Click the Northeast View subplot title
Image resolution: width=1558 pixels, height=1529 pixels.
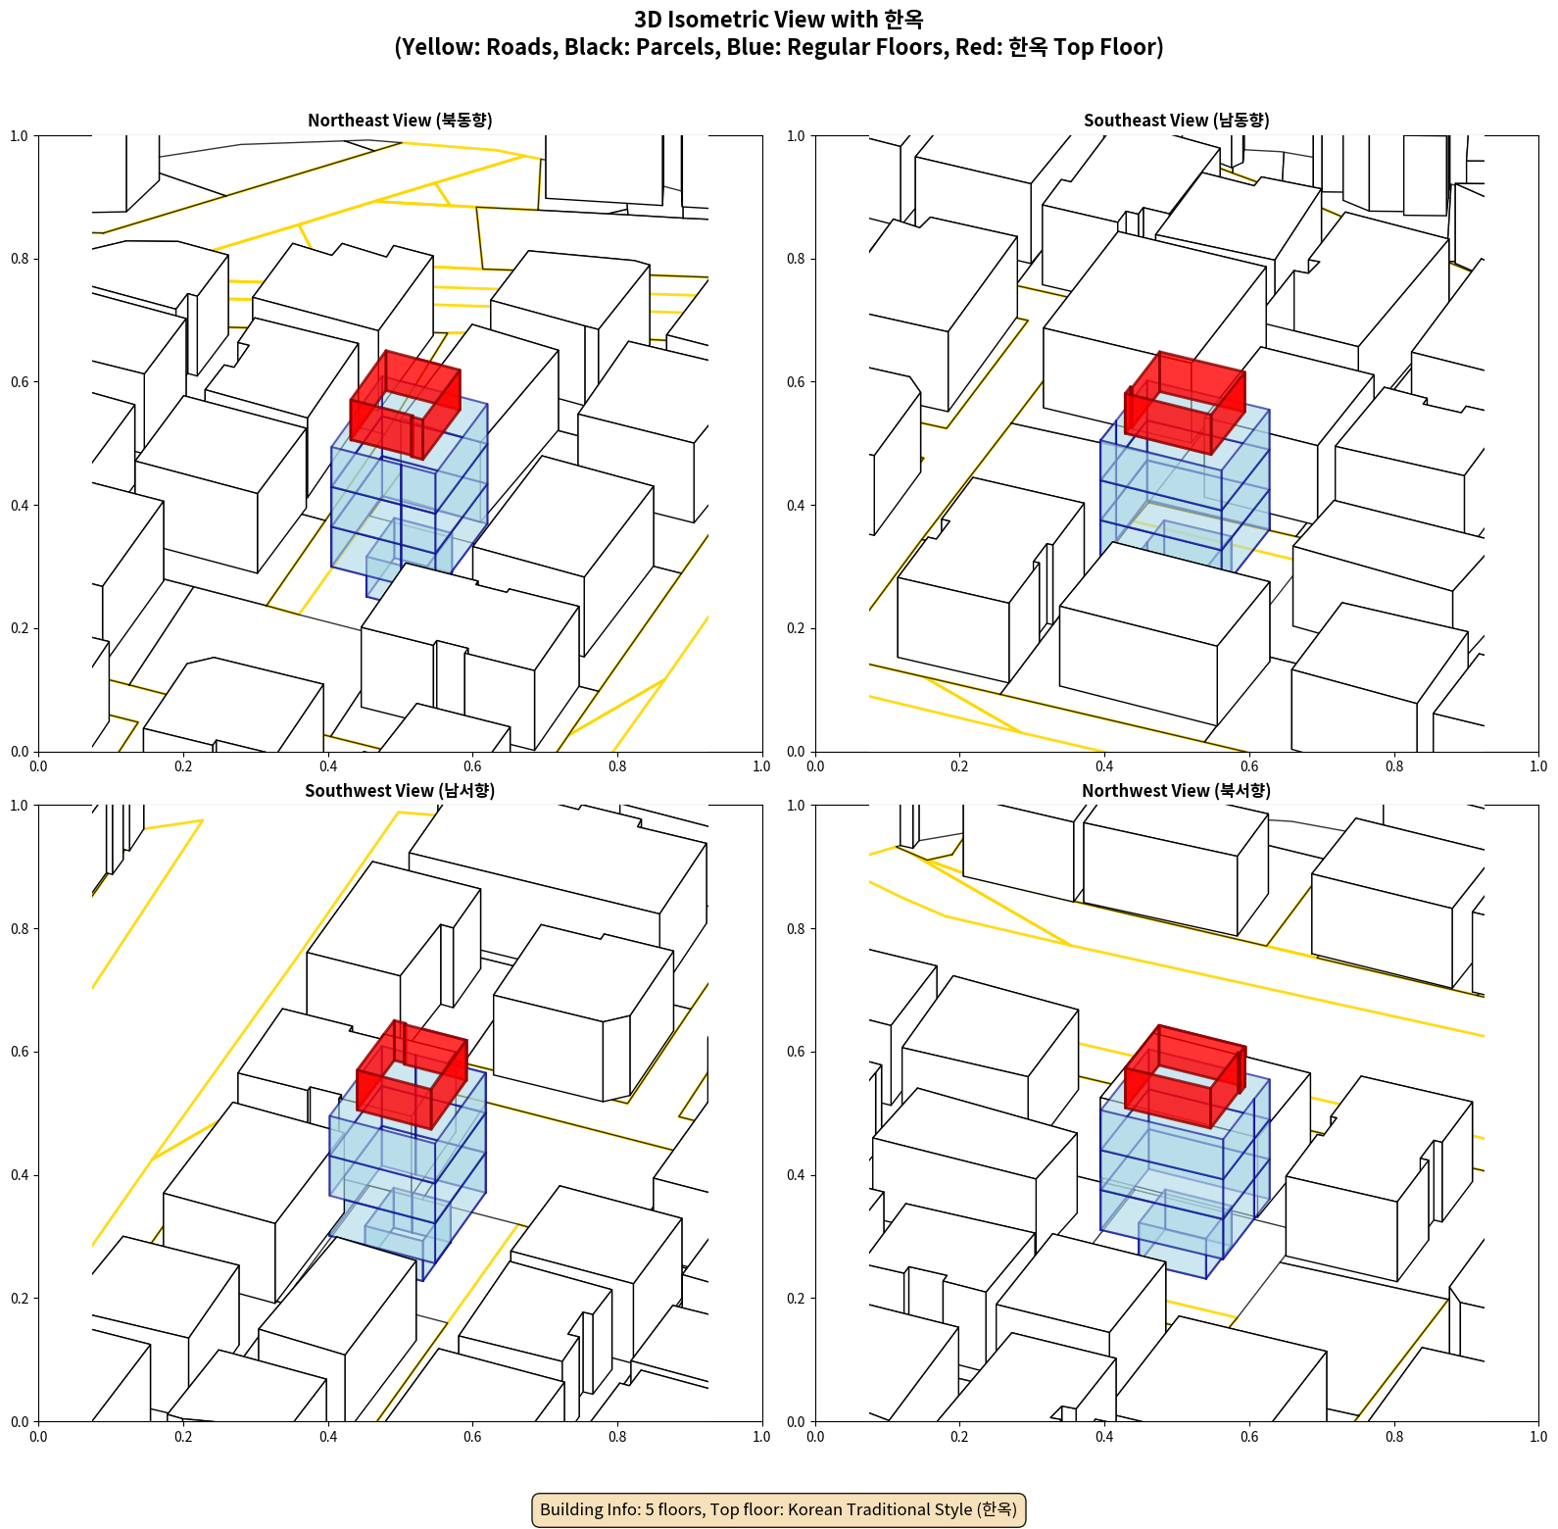tap(400, 120)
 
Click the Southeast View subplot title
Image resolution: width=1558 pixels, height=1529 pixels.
tap(1176, 120)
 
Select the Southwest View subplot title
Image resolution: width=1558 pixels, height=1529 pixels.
tap(400, 790)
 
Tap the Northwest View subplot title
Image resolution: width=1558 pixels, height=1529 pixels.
tap(1176, 790)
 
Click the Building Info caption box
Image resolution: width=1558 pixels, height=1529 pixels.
tap(779, 1509)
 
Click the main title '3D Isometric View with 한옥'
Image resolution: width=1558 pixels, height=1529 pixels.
tap(779, 20)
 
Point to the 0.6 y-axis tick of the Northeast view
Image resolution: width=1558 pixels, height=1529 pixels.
tap(20, 382)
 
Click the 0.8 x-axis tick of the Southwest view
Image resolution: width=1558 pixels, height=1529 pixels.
tap(617, 1437)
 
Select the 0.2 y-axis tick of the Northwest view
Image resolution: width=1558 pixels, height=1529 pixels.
tap(797, 1299)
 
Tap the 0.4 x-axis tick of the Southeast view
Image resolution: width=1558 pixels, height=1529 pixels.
tap(1104, 766)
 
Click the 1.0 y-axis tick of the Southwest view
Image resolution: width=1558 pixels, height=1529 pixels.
tap(20, 806)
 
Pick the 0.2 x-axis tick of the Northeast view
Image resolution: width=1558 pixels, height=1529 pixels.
tap(183, 766)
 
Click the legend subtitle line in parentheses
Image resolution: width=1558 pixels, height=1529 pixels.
tap(779, 47)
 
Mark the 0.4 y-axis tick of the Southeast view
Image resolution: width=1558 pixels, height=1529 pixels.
tap(797, 506)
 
